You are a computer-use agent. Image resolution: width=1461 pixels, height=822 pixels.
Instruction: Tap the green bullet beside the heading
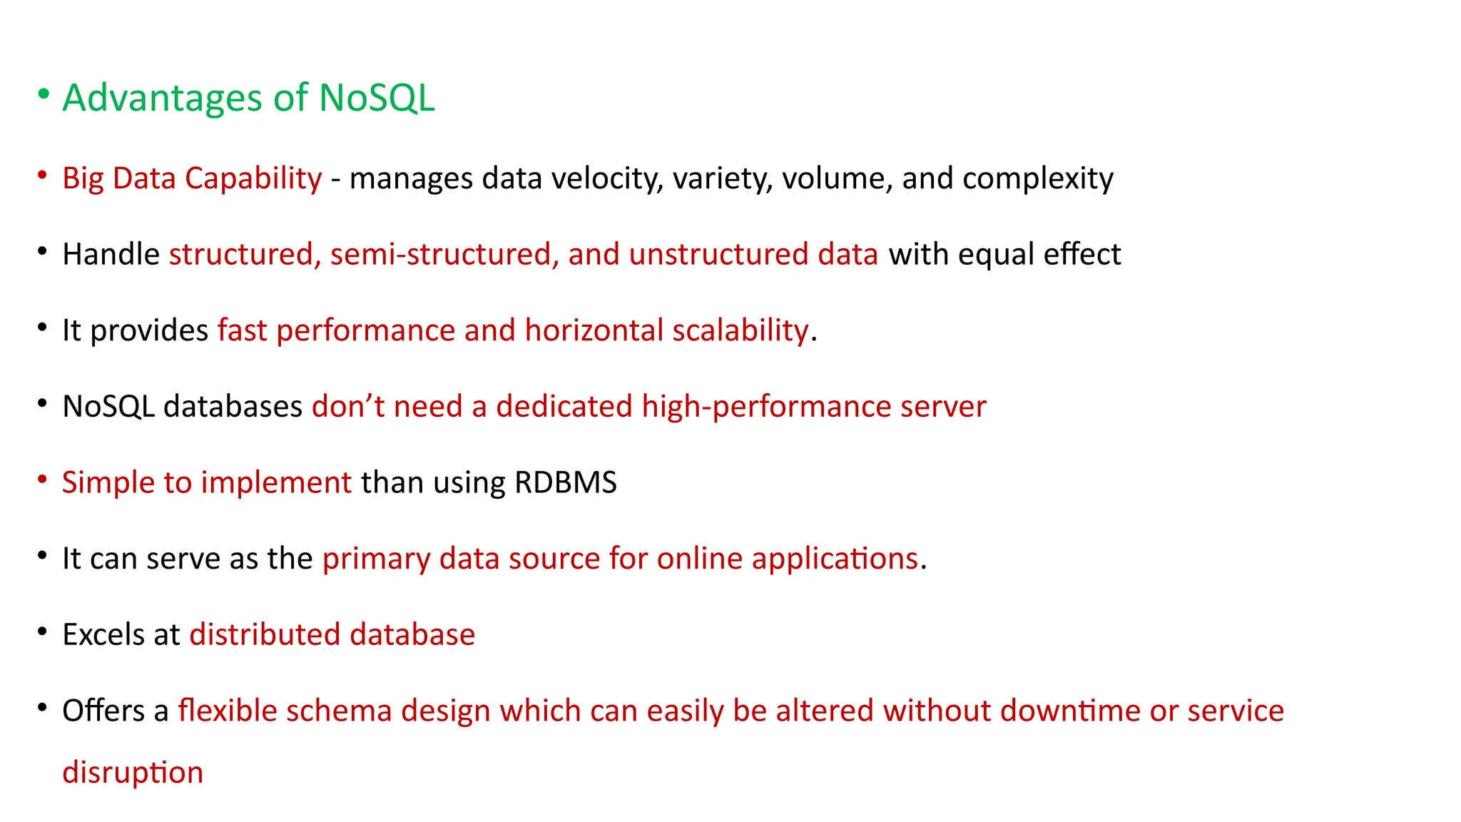tap(44, 93)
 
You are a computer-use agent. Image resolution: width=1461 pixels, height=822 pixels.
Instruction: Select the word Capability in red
tap(253, 178)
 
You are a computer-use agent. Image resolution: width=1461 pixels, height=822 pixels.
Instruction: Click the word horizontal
tap(594, 330)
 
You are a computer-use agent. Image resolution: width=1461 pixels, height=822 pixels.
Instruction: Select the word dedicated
tap(564, 407)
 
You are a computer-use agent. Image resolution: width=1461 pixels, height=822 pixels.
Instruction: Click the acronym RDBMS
tap(565, 483)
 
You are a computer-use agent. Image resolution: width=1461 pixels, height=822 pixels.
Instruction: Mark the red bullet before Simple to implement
tap(43, 478)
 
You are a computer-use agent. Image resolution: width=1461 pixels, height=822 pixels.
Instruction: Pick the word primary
tap(376, 559)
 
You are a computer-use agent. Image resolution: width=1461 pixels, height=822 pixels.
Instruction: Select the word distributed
tap(265, 635)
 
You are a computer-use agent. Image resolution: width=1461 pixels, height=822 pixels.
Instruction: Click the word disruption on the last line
tap(133, 773)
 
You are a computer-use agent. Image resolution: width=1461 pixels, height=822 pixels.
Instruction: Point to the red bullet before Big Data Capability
tap(43, 174)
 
